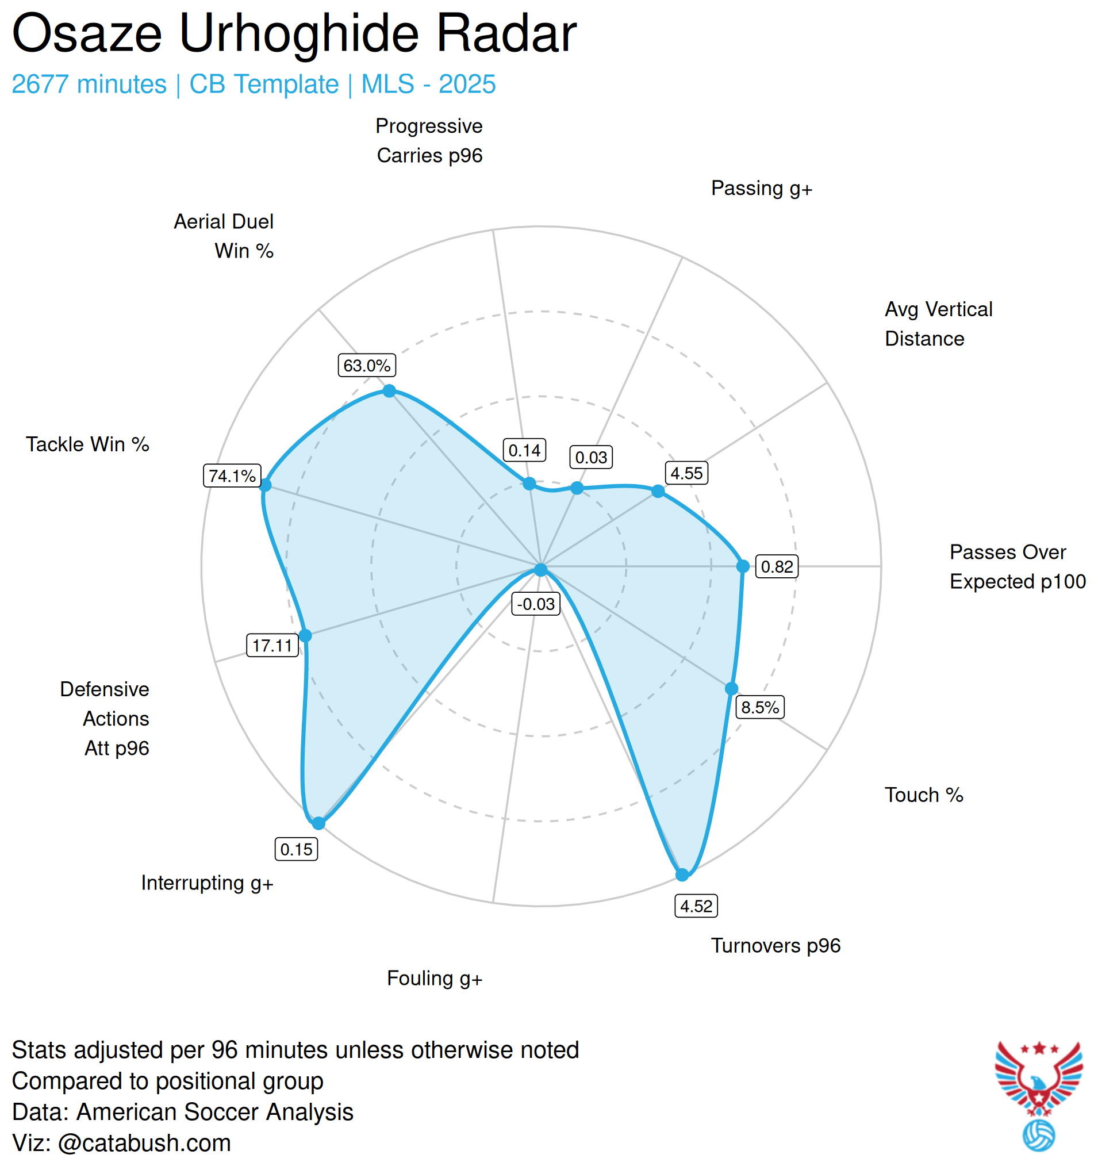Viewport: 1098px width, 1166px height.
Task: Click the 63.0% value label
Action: tap(367, 366)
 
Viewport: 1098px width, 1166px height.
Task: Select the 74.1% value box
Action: tap(232, 475)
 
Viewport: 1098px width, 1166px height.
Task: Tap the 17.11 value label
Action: tap(272, 645)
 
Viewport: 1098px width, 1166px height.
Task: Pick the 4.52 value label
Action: tap(696, 906)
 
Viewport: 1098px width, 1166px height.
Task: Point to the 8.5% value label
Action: tap(759, 707)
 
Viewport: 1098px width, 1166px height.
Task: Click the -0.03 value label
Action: tap(536, 604)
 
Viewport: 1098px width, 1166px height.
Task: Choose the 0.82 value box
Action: tap(777, 566)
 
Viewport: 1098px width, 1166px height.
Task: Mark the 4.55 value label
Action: tap(686, 473)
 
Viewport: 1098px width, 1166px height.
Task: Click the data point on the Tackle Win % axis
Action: tap(265, 485)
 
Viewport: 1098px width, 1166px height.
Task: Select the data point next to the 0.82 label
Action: tap(743, 566)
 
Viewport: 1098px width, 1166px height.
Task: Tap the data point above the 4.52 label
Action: tap(682, 875)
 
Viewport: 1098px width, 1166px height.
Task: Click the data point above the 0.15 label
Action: tap(318, 823)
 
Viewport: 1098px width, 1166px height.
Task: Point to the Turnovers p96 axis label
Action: tap(775, 945)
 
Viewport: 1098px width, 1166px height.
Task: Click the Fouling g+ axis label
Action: tap(434, 978)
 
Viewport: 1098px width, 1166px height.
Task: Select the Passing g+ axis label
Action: tap(761, 188)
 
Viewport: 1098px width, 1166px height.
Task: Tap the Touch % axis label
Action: tap(924, 795)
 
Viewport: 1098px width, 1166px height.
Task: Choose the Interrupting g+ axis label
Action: tap(207, 883)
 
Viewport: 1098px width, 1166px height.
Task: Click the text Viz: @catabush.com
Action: tap(121, 1143)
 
